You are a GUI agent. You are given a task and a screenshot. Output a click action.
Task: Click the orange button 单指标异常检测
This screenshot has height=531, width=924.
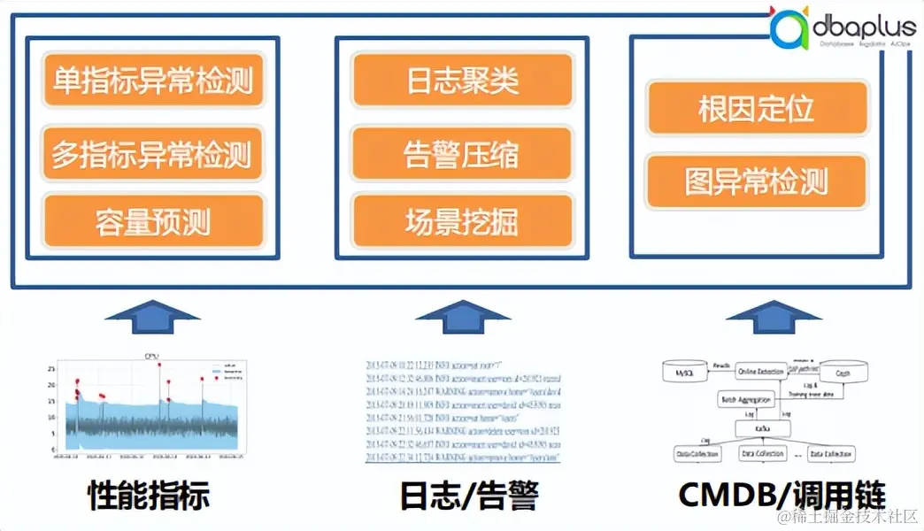(152, 81)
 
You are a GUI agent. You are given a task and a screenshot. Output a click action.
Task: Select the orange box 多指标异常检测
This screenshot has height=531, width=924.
(152, 156)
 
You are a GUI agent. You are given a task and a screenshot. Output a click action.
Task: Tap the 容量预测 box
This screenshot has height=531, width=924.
(152, 220)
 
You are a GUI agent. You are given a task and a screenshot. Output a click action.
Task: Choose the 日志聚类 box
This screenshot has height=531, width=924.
(462, 81)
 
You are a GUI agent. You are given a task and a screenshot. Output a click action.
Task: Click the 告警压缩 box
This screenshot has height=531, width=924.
(462, 156)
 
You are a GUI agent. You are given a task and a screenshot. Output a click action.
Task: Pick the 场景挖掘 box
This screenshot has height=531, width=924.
(462, 220)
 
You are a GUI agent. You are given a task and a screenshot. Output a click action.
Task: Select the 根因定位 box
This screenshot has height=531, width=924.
(756, 109)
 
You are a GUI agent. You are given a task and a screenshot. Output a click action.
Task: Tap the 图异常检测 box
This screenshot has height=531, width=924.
(756, 181)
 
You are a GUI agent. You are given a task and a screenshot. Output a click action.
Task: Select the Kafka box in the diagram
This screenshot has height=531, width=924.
(760, 428)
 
